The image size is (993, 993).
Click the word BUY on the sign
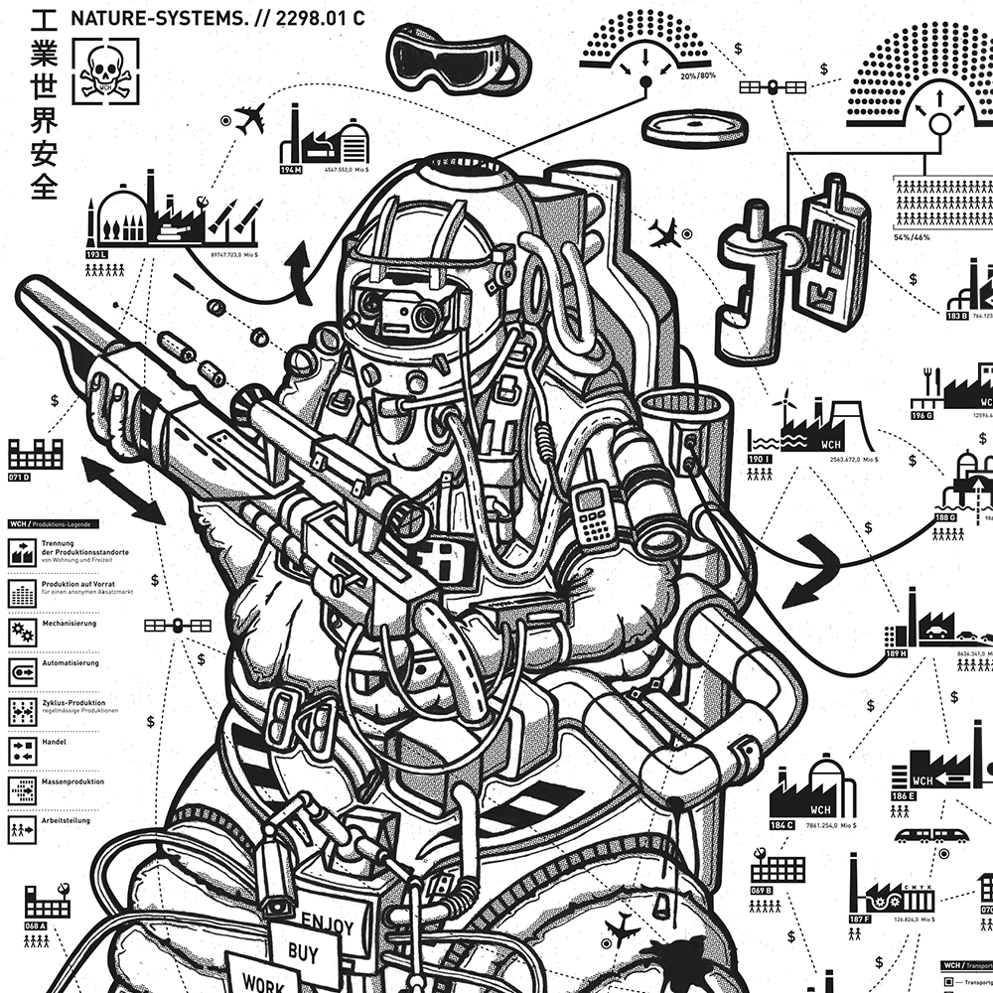[303, 952]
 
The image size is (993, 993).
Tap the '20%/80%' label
[698, 76]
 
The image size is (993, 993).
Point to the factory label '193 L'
[96, 255]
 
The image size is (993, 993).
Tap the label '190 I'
[760, 460]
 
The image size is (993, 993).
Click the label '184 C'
[781, 824]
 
